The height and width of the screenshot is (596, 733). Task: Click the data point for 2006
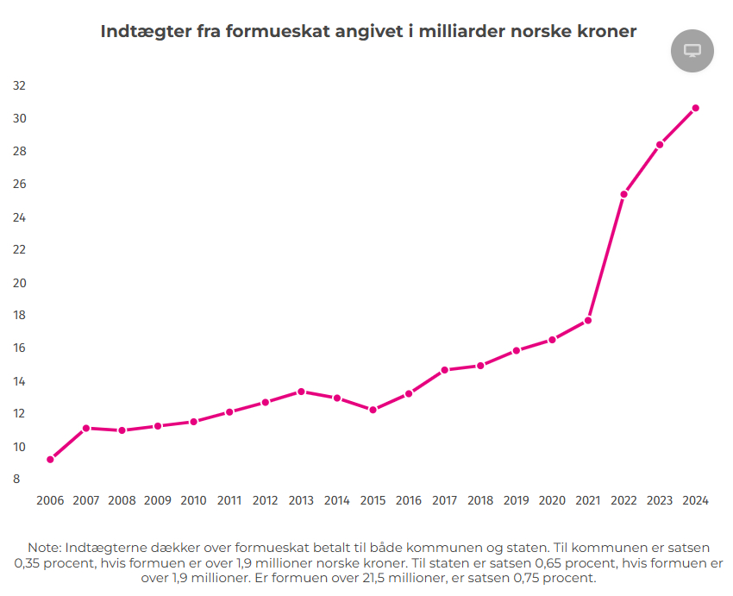pos(50,459)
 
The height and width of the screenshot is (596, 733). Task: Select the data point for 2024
pos(695,108)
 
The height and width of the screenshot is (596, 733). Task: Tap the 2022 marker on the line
pos(623,194)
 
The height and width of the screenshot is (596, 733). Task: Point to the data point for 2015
pos(373,410)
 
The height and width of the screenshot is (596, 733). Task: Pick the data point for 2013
pos(301,392)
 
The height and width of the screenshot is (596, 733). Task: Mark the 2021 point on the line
pos(588,320)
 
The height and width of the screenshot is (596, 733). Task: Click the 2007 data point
pos(86,428)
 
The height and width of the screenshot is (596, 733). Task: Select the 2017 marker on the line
pos(444,370)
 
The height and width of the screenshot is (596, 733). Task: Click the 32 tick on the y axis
pos(19,85)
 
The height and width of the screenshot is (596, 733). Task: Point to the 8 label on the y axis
pos(16,479)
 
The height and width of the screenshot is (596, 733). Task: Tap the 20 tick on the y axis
pos(19,282)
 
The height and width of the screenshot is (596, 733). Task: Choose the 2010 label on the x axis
pos(193,500)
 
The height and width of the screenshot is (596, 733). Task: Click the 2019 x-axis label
pos(516,500)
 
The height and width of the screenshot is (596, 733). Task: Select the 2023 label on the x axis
pos(660,500)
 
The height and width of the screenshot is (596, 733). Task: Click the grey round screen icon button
pos(692,51)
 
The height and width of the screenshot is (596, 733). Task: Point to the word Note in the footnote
pos(43,548)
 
